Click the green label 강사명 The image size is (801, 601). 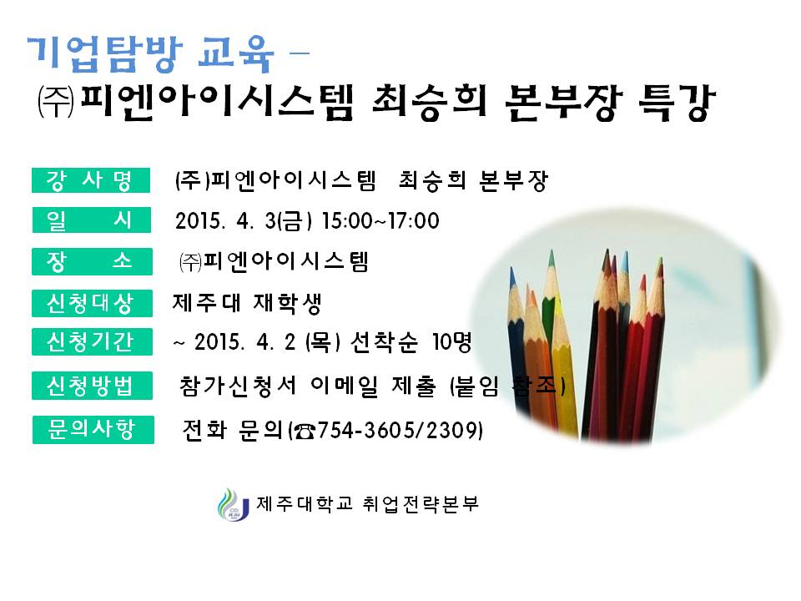pyautogui.click(x=92, y=179)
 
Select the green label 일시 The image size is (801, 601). pyautogui.click(x=92, y=220)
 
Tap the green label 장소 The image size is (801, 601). pyautogui.click(x=92, y=260)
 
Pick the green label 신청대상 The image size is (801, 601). pyautogui.click(x=92, y=302)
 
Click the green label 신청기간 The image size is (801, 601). pyautogui.click(x=92, y=342)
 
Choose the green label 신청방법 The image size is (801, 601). pyautogui.click(x=92, y=386)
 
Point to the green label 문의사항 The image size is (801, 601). pyautogui.click(x=92, y=429)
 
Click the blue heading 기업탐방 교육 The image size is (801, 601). pyautogui.click(x=150, y=54)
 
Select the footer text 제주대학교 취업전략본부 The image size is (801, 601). pyautogui.click(x=367, y=504)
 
